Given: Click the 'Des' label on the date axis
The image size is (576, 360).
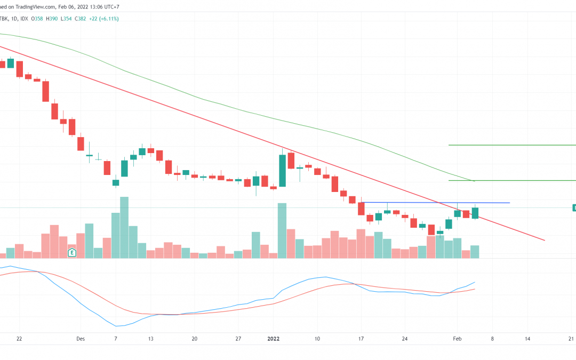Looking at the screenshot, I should coord(81,339).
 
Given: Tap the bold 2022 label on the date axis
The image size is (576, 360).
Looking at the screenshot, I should coord(274,339).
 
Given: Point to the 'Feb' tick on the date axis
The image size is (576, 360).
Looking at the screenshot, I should coord(457,339).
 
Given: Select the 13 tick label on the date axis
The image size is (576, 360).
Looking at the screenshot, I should coord(151,339).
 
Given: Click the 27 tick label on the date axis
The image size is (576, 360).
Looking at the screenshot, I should coord(238,339).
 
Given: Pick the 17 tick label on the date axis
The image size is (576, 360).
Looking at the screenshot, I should coord(361,339).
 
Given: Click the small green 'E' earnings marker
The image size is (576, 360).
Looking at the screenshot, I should coord(72,252).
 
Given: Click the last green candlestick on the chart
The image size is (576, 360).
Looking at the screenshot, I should coord(475,213).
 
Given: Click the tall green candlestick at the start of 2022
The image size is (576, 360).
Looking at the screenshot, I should coord(282,170).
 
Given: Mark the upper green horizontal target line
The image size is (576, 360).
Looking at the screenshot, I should coord(512,145).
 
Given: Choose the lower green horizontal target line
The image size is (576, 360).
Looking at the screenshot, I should coord(512,180).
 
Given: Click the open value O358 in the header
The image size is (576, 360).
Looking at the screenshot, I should coord(38,19).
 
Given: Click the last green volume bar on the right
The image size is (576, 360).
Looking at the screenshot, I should coord(475,252).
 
